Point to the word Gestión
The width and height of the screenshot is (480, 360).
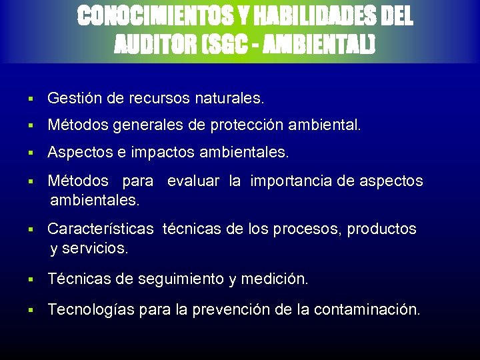coord(74,99)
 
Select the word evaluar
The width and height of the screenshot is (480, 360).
coord(193,181)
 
